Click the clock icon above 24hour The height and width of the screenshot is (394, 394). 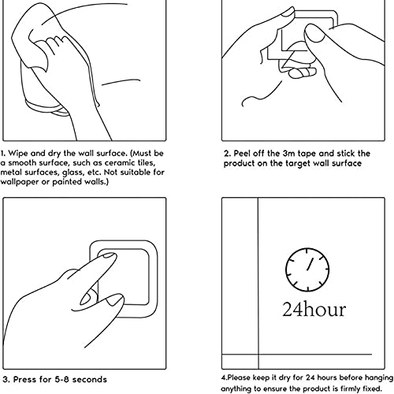(307, 269)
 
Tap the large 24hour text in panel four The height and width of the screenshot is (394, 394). (314, 310)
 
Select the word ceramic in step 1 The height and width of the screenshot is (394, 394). (120, 163)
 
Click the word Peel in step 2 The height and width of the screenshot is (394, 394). (242, 154)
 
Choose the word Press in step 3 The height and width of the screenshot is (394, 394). (25, 380)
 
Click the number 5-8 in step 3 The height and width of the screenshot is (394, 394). (62, 380)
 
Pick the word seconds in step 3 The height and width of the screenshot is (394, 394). (90, 380)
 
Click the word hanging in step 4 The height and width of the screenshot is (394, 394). (379, 378)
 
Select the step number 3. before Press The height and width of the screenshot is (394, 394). (7, 380)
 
